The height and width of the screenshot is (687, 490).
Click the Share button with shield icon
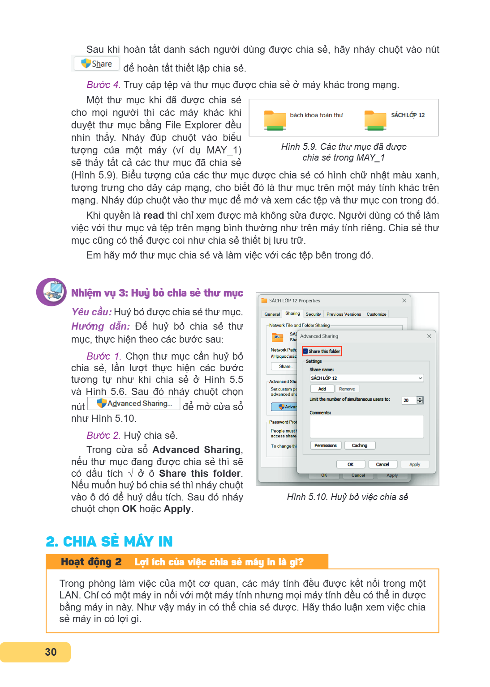tap(96, 64)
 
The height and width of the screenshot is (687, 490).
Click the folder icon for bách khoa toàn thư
tap(275, 120)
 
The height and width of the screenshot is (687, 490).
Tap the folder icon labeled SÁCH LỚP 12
tap(375, 120)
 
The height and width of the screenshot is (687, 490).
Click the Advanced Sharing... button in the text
tap(133, 403)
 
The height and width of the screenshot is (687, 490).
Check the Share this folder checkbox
tap(305, 351)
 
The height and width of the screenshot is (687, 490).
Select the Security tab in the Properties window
tap(313, 314)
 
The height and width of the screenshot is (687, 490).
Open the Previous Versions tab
tap(344, 314)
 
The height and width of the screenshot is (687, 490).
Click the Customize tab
tap(376, 314)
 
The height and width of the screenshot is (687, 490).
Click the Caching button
tap(359, 445)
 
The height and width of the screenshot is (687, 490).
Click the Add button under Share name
tap(322, 389)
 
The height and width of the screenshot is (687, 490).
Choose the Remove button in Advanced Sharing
tap(347, 389)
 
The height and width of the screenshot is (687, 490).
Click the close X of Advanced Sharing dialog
tap(429, 336)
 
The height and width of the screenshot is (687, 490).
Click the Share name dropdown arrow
tap(420, 378)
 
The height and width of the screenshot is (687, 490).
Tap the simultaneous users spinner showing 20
tap(413, 400)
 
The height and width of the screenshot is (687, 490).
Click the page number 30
tap(51, 652)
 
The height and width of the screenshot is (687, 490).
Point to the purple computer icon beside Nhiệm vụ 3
tap(52, 292)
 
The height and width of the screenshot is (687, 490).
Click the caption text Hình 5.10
tap(307, 497)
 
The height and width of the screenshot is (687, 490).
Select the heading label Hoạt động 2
tap(91, 562)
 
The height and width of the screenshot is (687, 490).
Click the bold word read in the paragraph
tap(154, 215)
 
